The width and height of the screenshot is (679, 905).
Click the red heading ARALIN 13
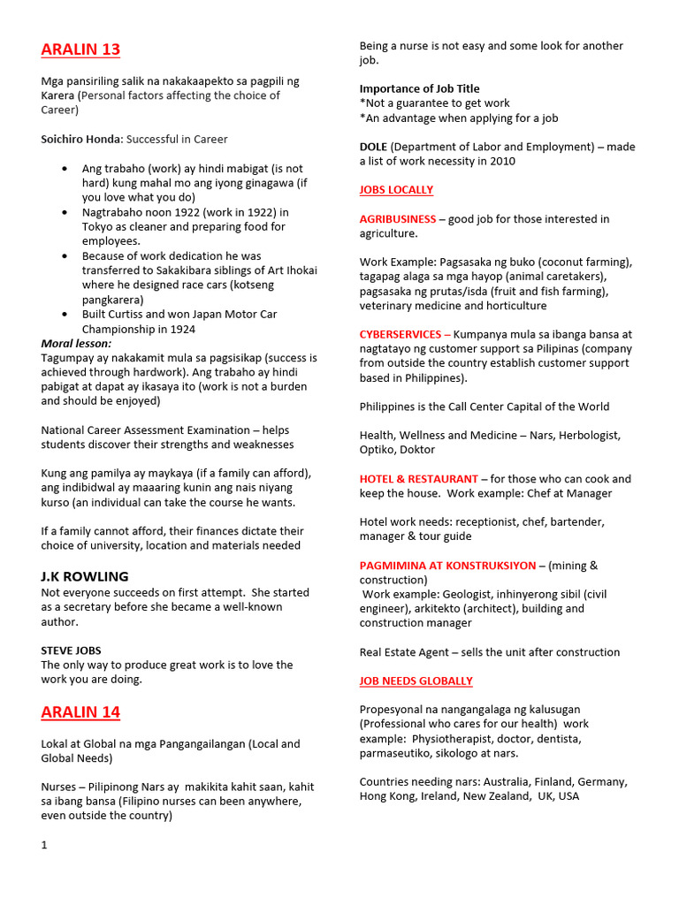(x=80, y=49)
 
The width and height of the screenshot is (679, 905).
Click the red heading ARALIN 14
(x=80, y=712)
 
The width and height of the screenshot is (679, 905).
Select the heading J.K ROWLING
(x=85, y=576)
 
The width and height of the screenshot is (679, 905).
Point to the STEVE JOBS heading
(x=71, y=650)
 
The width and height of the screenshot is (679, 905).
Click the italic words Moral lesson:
(x=77, y=343)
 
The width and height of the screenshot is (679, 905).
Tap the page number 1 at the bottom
(x=44, y=845)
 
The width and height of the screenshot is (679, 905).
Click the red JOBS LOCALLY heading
(x=396, y=190)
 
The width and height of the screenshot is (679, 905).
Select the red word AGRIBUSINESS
(x=398, y=219)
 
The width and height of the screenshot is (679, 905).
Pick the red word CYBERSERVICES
(x=401, y=335)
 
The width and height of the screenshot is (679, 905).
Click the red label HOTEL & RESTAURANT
(x=419, y=479)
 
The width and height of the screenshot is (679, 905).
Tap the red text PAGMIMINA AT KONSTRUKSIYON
(x=447, y=566)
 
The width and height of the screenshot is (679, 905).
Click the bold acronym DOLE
(x=373, y=147)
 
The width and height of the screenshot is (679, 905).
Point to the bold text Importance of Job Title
(x=419, y=88)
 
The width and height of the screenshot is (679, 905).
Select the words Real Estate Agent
(x=402, y=652)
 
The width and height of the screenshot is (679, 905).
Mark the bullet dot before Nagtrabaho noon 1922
(x=66, y=213)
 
